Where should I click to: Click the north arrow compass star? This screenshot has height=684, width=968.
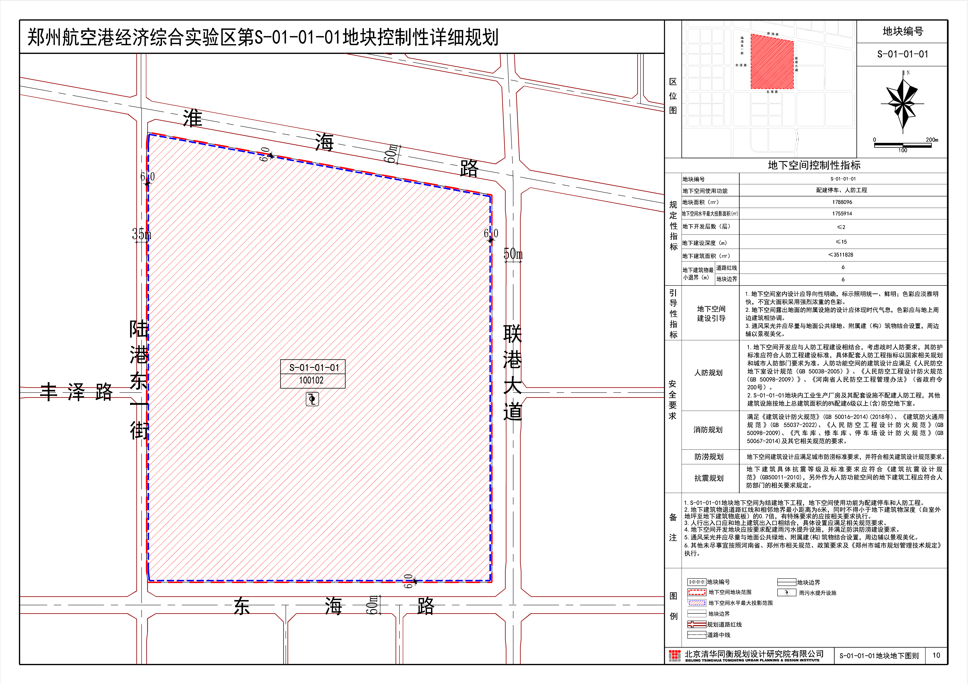(902, 102)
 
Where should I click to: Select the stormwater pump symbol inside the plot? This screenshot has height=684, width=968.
(312, 399)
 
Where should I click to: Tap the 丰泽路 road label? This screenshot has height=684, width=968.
(76, 392)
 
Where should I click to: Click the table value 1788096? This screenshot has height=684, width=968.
(842, 202)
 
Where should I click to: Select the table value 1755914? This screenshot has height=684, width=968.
(842, 214)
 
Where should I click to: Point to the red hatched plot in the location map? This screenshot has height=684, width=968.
(772, 62)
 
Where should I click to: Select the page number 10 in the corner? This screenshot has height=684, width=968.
(936, 655)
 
